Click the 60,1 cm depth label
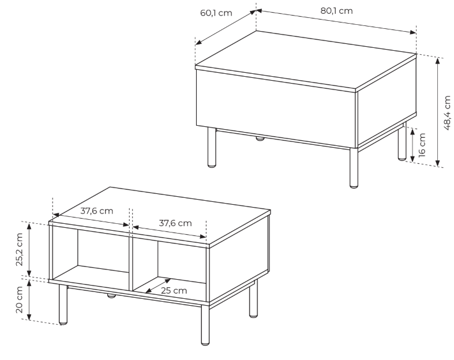(216, 13)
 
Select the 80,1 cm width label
(336, 11)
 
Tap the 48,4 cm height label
(447, 112)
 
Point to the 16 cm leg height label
(422, 145)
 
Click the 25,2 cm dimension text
(19, 249)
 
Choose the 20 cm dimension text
(19, 300)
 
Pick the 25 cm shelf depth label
(174, 291)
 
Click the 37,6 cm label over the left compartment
(97, 211)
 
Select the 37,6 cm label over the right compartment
(175, 223)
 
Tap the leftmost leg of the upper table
(212, 147)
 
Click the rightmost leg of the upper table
(402, 141)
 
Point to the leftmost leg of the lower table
(63, 304)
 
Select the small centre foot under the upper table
(260, 138)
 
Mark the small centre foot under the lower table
(111, 296)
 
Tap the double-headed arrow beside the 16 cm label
(413, 146)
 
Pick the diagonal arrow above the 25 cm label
(158, 286)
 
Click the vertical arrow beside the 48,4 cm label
(438, 112)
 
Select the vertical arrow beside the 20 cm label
(29, 300)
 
